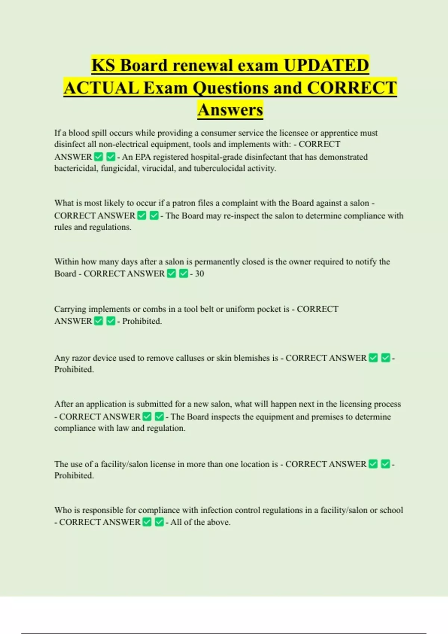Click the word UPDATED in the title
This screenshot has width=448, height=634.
pyautogui.click(x=326, y=66)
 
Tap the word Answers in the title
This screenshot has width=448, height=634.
pyautogui.click(x=230, y=110)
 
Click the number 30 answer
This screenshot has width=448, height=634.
pyautogui.click(x=199, y=274)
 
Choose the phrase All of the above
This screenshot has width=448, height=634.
pyautogui.click(x=200, y=522)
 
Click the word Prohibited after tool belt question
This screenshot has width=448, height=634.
pyautogui.click(x=142, y=321)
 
